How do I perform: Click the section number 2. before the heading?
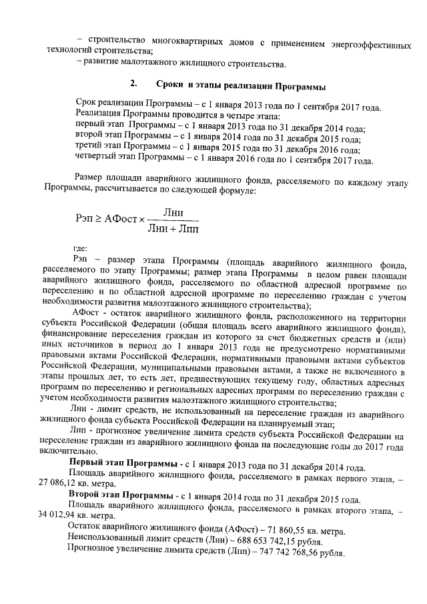point(134,85)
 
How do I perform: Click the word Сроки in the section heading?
point(170,85)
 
